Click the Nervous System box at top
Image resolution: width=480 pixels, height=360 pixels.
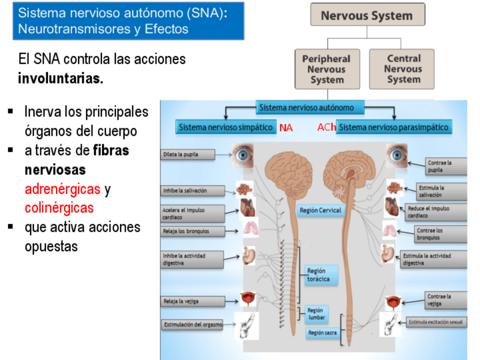(x=367, y=15)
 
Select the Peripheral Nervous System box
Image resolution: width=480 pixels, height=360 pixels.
(x=327, y=69)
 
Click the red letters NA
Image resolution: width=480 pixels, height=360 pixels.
(x=286, y=128)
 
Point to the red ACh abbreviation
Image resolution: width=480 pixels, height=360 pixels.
(x=327, y=127)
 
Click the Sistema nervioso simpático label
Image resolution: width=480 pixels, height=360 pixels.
(x=225, y=127)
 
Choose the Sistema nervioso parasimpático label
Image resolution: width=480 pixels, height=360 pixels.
(x=395, y=127)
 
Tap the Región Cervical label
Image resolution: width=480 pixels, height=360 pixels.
(x=320, y=211)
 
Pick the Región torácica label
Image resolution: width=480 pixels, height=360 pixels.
(x=318, y=275)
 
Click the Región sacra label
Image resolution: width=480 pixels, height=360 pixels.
(x=322, y=333)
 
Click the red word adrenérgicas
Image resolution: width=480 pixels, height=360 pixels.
(x=62, y=189)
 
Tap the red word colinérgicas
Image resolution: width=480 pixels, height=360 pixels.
(x=59, y=208)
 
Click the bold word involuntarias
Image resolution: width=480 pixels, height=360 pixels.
(x=61, y=78)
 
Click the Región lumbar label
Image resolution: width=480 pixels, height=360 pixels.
(x=316, y=314)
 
